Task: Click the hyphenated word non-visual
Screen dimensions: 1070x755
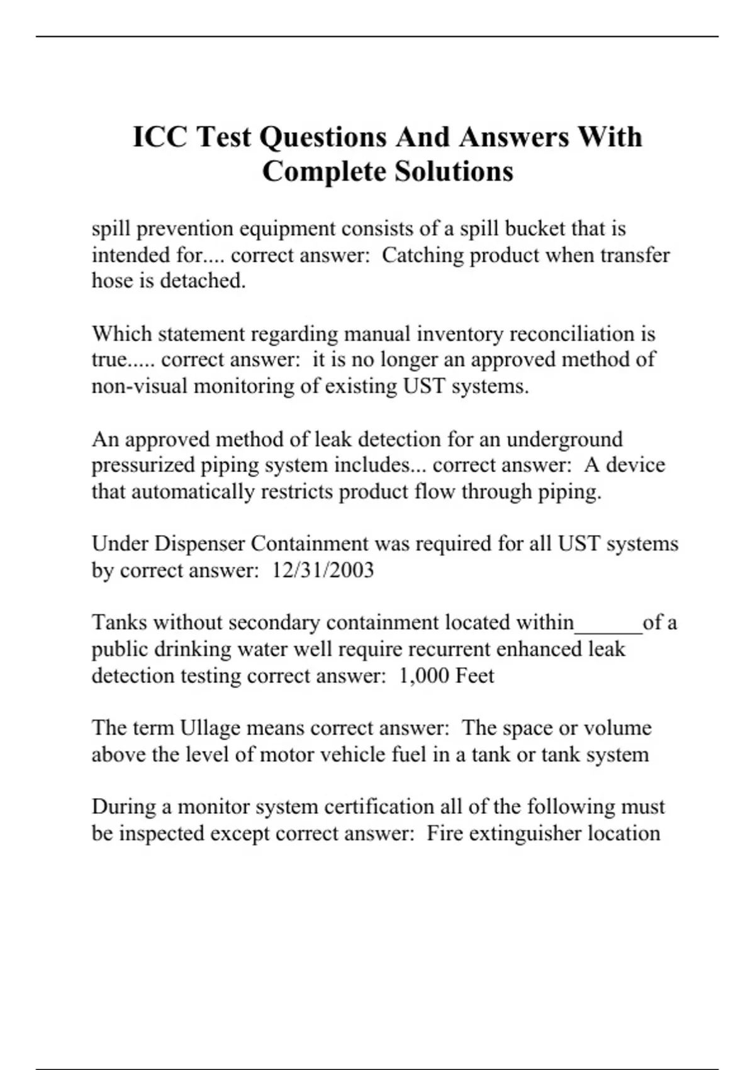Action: (140, 386)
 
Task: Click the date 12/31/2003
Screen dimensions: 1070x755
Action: (323, 570)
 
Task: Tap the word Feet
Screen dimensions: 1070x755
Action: (474, 676)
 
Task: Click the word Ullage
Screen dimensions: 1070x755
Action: (210, 728)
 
